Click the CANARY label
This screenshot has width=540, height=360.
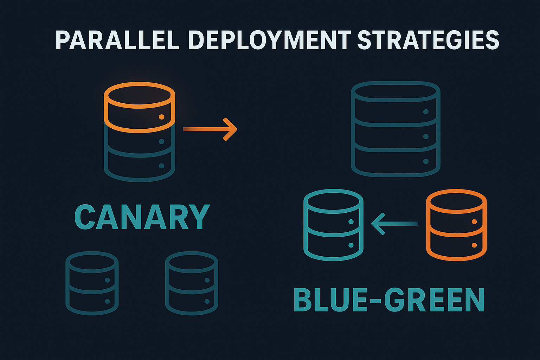click(x=142, y=217)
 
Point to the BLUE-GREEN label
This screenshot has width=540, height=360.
click(x=389, y=300)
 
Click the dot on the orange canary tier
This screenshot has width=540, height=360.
click(x=162, y=117)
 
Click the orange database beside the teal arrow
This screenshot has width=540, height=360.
click(x=456, y=225)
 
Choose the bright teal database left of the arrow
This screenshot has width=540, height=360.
click(x=333, y=225)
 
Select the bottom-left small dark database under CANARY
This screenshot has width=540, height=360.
click(x=92, y=283)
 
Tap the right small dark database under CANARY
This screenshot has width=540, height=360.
click(x=192, y=283)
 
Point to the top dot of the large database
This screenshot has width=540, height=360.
click(x=426, y=111)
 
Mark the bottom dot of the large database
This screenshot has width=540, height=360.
click(x=426, y=161)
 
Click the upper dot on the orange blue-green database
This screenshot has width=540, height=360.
click(x=474, y=221)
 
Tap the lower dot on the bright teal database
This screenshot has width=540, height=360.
click(x=351, y=245)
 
